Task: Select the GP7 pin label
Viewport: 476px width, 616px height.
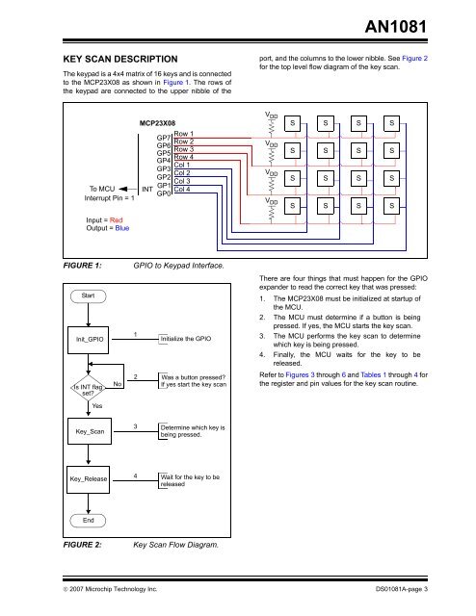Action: point(164,139)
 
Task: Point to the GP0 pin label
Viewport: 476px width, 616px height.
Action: point(164,193)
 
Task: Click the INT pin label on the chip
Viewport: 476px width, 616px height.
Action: point(147,190)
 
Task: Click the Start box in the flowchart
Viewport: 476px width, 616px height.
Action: point(86,295)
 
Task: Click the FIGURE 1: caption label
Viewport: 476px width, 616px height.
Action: point(85,265)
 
